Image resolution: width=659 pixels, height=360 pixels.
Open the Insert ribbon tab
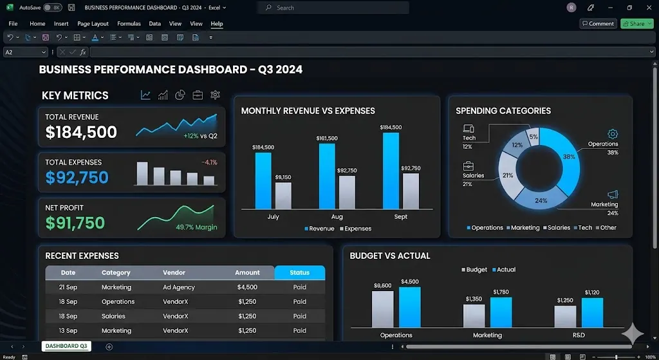61,24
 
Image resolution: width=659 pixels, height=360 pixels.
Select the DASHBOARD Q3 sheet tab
66,346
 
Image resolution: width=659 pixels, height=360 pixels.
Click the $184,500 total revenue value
81,133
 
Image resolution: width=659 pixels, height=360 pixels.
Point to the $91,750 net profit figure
75,223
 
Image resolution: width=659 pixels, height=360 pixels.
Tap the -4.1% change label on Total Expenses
209,162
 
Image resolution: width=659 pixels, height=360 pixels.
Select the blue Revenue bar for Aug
327,176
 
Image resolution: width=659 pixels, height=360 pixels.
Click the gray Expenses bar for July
283,195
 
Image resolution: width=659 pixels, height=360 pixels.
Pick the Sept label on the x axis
400,217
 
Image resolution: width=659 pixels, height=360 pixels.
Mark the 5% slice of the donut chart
532,137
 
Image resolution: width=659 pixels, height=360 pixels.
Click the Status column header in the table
299,272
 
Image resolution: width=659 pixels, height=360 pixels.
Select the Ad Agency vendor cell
178,287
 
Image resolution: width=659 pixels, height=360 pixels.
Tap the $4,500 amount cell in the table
247,287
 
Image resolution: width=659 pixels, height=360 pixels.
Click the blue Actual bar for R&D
592,312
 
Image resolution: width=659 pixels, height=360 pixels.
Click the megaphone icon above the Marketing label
612,194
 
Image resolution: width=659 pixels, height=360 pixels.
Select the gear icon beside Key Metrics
215,95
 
